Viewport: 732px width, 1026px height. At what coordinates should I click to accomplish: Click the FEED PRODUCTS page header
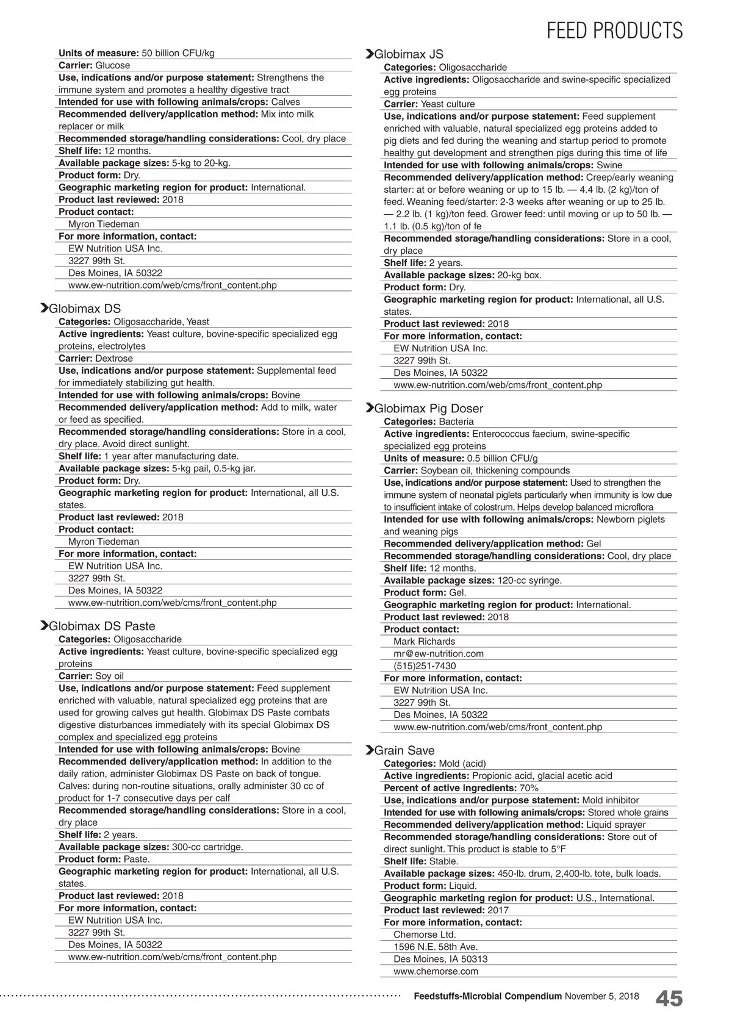[614, 30]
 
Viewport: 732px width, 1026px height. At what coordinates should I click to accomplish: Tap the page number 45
[669, 999]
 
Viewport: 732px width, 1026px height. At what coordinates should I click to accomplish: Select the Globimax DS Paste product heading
[102, 626]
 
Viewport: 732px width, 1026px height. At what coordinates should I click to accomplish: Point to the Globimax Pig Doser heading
[428, 408]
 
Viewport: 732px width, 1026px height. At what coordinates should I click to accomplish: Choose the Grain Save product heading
[404, 750]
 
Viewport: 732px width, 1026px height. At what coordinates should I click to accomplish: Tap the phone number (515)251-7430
[425, 665]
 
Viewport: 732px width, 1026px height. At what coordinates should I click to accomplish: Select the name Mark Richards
[424, 641]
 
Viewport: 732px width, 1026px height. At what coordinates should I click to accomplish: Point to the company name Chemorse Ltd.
[425, 935]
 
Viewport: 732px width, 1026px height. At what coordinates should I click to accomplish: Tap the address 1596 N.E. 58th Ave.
[436, 947]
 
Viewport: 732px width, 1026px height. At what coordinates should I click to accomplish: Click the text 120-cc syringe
[529, 580]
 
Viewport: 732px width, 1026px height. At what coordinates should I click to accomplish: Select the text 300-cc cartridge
[207, 847]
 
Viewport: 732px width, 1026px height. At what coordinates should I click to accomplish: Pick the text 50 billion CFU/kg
[178, 53]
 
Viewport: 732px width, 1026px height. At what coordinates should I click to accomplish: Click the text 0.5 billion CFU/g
[502, 458]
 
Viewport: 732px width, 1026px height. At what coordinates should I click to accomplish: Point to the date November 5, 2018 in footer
[602, 996]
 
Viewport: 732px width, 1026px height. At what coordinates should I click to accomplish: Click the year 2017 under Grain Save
[498, 910]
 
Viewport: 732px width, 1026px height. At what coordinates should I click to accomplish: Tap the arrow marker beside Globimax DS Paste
[44, 626]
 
